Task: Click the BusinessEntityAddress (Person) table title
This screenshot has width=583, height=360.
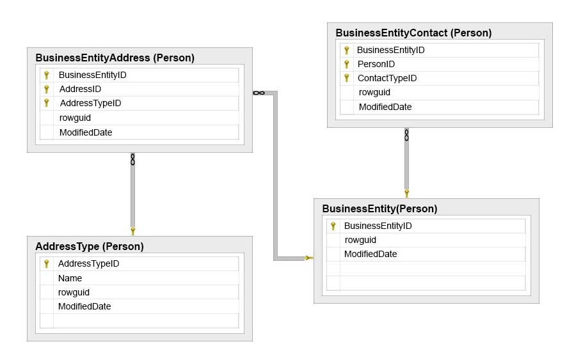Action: click(x=115, y=58)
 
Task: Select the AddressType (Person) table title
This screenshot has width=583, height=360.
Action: click(x=90, y=247)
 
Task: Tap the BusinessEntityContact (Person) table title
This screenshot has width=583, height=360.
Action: click(x=413, y=33)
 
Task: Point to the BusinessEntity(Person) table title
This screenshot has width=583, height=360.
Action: click(x=379, y=209)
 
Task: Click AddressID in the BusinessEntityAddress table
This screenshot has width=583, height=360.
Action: click(x=80, y=89)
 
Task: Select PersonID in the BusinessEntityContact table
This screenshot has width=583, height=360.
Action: click(x=376, y=65)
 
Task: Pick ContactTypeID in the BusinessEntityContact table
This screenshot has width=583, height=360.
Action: click(x=387, y=79)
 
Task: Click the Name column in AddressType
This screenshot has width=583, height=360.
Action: click(x=70, y=278)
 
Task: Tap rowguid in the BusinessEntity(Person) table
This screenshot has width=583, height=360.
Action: click(x=360, y=240)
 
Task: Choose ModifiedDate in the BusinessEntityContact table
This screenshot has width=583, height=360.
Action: click(x=385, y=107)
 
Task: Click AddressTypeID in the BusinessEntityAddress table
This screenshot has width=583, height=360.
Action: click(x=91, y=104)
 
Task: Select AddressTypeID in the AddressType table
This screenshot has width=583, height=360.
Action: click(x=88, y=264)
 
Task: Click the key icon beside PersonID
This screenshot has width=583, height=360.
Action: click(x=346, y=65)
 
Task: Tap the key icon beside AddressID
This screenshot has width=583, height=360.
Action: click(x=47, y=89)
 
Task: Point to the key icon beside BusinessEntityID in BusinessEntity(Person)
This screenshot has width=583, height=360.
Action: click(x=333, y=226)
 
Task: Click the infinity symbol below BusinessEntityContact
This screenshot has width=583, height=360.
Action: click(x=406, y=135)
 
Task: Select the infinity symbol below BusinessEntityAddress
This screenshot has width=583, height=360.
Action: click(x=132, y=160)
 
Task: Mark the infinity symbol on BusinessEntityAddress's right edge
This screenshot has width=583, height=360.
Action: click(x=259, y=93)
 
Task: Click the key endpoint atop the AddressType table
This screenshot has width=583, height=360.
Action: click(x=132, y=231)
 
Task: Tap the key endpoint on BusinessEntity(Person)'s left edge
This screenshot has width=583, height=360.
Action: click(x=309, y=258)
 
